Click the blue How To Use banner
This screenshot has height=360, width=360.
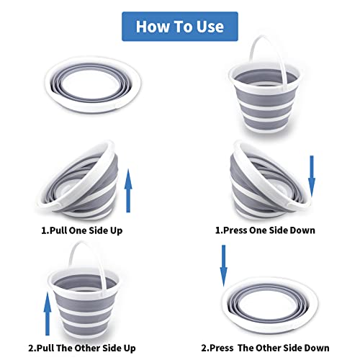180,27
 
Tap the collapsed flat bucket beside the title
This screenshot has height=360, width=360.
93,85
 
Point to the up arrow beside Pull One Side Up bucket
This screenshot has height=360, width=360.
128,191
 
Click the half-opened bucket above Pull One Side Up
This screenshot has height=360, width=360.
78,180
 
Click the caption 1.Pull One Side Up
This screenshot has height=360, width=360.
82,230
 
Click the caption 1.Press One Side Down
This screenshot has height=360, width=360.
265,230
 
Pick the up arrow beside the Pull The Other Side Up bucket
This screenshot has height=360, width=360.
48,314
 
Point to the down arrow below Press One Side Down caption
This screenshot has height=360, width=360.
224,266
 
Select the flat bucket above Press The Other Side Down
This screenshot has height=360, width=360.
270,305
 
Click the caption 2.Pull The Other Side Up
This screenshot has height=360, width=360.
82,348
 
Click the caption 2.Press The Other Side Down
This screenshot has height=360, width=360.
265,348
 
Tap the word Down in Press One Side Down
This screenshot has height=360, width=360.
302,230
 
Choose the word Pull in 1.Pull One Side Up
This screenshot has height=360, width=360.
58,230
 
